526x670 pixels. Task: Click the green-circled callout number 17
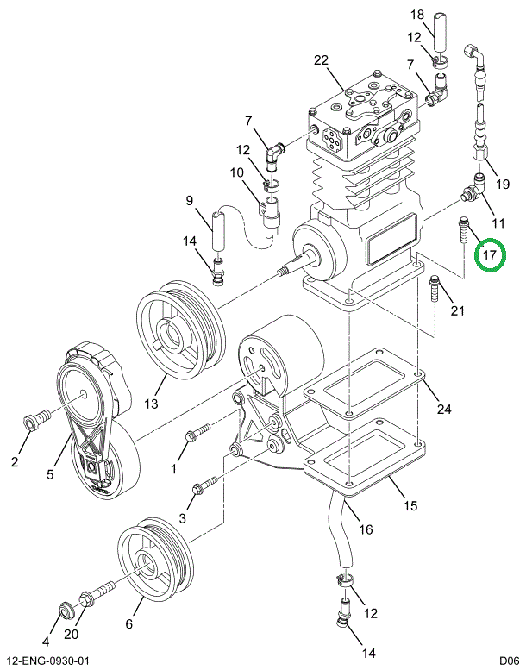pos(489,255)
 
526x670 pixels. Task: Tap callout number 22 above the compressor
pos(321,60)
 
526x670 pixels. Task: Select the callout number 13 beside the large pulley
pos(151,404)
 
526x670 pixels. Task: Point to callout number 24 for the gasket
pos(444,409)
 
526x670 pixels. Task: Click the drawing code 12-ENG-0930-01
pos(45,661)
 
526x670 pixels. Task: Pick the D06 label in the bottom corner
pos(510,661)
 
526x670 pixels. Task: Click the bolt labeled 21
pos(434,289)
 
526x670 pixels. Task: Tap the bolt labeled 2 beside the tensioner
pos(36,419)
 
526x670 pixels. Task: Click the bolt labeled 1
pos(197,431)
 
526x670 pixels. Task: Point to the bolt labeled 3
pos(205,485)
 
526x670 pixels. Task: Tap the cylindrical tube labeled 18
pos(441,32)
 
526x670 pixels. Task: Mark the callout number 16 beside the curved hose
pos(366,529)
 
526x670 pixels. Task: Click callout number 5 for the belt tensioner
pos(50,474)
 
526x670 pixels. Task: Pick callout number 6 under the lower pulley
pos(128,623)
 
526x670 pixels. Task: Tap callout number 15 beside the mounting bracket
pos(410,505)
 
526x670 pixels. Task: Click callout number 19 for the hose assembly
pos(503,185)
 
